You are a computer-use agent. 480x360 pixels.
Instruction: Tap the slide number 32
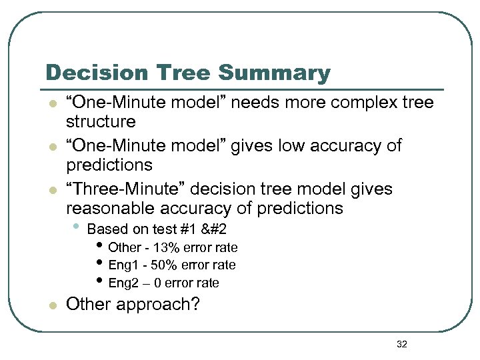(401, 344)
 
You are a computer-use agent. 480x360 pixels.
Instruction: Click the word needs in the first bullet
(259, 103)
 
